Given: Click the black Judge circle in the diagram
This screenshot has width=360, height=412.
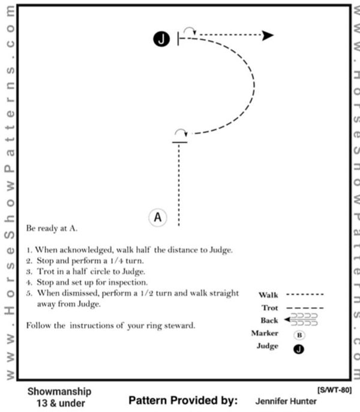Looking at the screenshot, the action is (161, 39).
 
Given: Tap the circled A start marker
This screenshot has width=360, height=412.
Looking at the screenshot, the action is (158, 218).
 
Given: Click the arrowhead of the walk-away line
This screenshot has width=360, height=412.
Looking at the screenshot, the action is (268, 35).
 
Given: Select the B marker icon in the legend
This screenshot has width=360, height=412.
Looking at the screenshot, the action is (299, 335).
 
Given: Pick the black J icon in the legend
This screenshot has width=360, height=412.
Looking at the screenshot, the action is (299, 349).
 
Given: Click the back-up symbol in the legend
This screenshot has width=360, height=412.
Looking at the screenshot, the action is (301, 320).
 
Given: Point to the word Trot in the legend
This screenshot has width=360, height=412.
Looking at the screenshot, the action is (269, 308).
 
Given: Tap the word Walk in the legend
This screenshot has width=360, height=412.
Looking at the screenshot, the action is (268, 295).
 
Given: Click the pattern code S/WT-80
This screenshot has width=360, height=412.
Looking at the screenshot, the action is (334, 390).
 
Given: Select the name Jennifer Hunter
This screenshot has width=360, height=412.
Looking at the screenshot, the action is (286, 401).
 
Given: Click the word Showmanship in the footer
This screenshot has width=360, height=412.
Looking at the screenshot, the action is (59, 392).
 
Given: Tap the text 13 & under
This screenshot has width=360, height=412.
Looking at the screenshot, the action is (61, 403).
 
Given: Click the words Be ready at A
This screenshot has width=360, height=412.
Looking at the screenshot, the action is (52, 228).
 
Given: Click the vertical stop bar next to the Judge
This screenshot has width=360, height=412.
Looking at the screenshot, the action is (178, 38).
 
